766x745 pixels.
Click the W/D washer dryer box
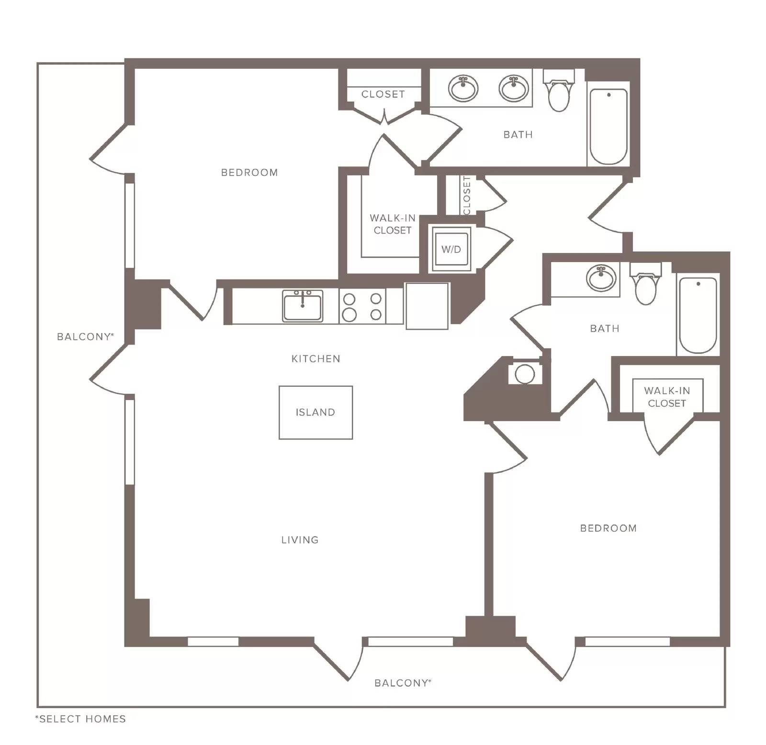point(451,249)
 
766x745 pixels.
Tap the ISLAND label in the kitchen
point(315,412)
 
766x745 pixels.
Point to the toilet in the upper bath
point(559,90)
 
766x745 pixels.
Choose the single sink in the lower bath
point(601,278)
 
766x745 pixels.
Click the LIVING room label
point(300,540)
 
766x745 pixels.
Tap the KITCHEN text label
point(316,359)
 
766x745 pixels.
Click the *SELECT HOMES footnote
point(80,719)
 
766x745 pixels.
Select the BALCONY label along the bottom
point(403,683)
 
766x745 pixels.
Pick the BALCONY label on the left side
point(85,337)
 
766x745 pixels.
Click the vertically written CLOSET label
point(467,195)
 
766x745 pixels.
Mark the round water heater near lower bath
point(525,374)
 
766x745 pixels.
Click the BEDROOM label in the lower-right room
point(608,529)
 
